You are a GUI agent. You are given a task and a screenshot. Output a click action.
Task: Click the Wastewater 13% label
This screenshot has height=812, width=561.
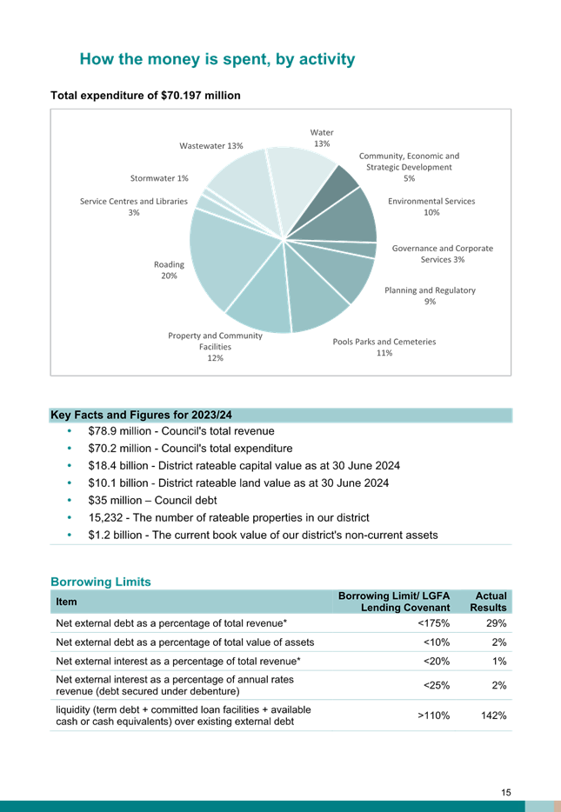click(210, 146)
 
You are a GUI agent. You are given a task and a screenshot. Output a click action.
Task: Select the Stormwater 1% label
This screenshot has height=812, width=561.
click(159, 178)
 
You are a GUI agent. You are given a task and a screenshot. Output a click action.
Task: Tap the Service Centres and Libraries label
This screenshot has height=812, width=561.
click(134, 207)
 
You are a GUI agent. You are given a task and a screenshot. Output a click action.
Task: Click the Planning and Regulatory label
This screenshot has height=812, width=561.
click(430, 296)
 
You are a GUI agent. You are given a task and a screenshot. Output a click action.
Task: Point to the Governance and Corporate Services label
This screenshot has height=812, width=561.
click(443, 254)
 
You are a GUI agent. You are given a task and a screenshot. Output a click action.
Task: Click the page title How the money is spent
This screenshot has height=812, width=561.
click(217, 59)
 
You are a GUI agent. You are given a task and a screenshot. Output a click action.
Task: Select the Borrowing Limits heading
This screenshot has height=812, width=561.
click(101, 582)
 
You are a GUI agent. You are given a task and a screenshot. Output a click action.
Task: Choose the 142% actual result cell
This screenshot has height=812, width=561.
click(494, 715)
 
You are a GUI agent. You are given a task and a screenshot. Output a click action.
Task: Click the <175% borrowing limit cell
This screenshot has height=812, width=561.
click(433, 623)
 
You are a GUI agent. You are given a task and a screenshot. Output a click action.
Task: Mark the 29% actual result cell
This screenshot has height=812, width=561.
click(497, 623)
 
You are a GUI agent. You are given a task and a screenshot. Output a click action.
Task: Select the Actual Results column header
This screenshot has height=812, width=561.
click(488, 602)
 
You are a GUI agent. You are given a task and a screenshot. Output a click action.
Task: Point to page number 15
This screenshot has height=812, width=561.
click(506, 792)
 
